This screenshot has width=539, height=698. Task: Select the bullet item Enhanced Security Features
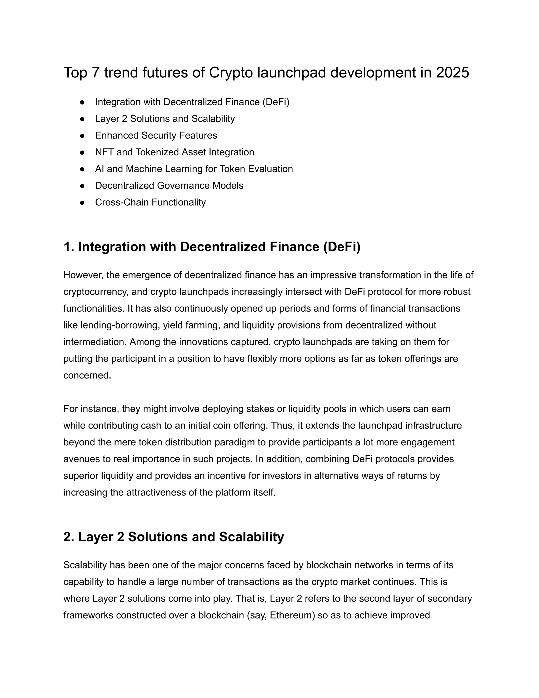156,135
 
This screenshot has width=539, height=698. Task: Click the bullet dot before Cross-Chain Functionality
82,203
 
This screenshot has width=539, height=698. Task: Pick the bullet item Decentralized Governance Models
169,186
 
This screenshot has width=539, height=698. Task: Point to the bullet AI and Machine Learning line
194,169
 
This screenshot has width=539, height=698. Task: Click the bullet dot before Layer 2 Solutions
82,119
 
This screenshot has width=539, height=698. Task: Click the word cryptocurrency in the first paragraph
96,292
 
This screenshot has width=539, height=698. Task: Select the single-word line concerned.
87,375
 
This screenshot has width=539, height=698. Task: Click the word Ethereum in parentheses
292,615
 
